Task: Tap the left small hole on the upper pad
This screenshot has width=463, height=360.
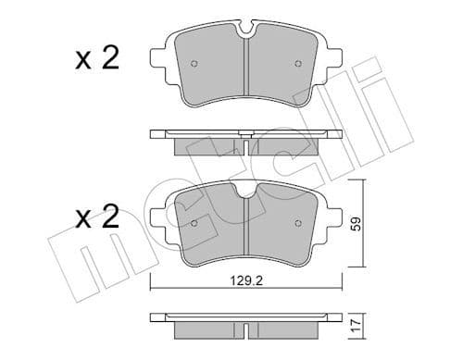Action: coord(193,65)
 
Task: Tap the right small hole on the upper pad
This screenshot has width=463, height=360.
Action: coord(297,64)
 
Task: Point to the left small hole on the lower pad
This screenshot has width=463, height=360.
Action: coord(193,222)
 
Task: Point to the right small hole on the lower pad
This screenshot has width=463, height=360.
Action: coord(297,221)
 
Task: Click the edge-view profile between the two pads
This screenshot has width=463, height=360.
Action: coord(245,138)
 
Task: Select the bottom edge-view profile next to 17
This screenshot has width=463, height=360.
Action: coord(245,321)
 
